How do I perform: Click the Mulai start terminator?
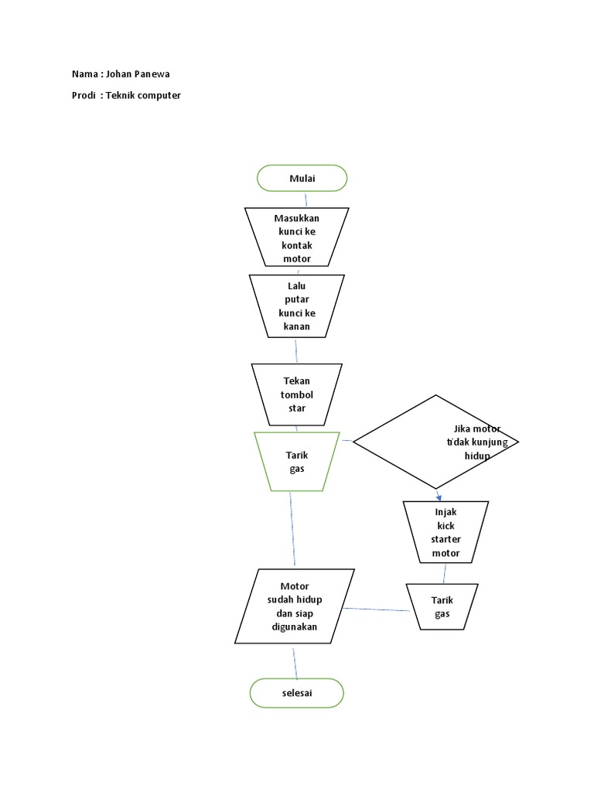point(302,178)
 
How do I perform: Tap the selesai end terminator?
point(296,693)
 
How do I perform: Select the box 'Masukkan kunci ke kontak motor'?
point(296,237)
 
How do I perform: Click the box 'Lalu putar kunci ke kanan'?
point(297,306)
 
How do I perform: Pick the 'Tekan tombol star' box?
point(297,394)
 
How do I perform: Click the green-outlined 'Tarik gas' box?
point(297,462)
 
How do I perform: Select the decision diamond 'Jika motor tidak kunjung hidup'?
point(435,442)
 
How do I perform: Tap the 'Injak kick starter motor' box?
point(445,531)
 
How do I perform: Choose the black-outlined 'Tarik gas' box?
point(442,606)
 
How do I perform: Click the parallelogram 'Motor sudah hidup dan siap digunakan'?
point(295,606)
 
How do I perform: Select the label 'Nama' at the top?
point(84,75)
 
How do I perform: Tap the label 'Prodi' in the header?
point(84,96)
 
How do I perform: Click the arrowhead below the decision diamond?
point(439,497)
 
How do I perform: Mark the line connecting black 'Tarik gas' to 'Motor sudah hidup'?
point(376,609)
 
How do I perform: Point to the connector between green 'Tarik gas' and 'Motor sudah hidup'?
point(292,530)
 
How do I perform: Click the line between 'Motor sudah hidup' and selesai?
point(295,661)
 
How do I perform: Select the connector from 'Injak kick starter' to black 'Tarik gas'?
point(444,573)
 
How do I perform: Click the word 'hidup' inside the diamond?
point(477,456)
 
